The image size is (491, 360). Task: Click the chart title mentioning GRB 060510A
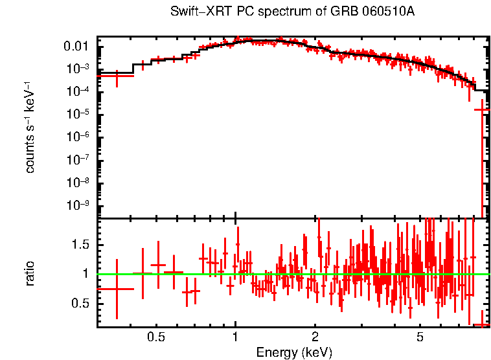pyautogui.click(x=293, y=12)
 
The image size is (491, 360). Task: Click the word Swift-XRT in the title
pyautogui.click(x=193, y=12)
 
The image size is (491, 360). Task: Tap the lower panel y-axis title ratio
pyautogui.click(x=30, y=274)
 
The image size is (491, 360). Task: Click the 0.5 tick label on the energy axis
pyautogui.click(x=155, y=337)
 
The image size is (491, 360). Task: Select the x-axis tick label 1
pyautogui.click(x=235, y=337)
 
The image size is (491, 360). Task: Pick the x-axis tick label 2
pyautogui.click(x=315, y=337)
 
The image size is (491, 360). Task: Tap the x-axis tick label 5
pyautogui.click(x=420, y=337)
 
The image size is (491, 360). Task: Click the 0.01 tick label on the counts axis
pyautogui.click(x=76, y=47)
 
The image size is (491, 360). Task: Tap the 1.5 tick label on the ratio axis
pyautogui.click(x=80, y=244)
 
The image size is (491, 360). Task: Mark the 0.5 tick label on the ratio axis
pyautogui.click(x=80, y=303)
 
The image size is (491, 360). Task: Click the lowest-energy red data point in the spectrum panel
pyautogui.click(x=116, y=76)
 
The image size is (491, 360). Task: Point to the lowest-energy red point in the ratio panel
pyautogui.click(x=116, y=289)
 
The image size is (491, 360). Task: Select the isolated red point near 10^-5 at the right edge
pyautogui.click(x=481, y=110)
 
